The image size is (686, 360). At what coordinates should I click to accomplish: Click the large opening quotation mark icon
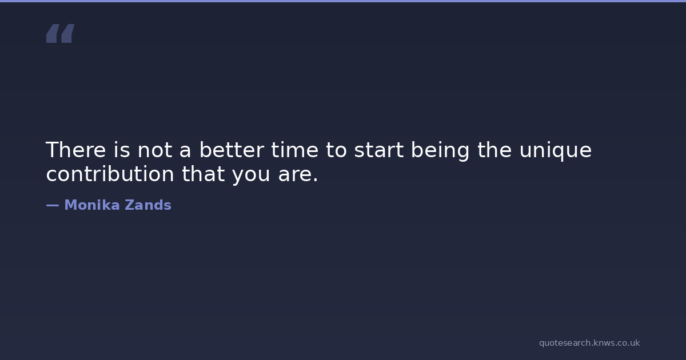pyautogui.click(x=61, y=33)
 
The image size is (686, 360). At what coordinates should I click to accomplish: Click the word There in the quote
pyautogui.click(x=76, y=150)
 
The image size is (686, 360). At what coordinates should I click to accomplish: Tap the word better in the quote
pyautogui.click(x=232, y=150)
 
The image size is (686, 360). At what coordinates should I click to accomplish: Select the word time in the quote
pyautogui.click(x=294, y=150)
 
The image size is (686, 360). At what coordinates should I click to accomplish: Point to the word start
pyautogui.click(x=379, y=150)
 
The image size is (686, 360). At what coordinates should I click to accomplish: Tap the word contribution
pyautogui.click(x=110, y=174)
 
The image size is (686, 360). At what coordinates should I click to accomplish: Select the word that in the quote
pyautogui.click(x=204, y=174)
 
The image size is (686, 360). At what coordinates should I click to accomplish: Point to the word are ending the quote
pyautogui.click(x=298, y=175)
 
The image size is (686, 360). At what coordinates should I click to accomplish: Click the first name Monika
pyautogui.click(x=92, y=205)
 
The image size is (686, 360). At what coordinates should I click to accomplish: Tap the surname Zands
pyautogui.click(x=148, y=205)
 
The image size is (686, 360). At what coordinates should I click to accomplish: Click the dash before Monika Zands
pyautogui.click(x=53, y=205)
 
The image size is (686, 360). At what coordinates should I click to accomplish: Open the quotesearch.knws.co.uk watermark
pyautogui.click(x=589, y=343)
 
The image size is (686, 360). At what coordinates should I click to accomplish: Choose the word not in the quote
pyautogui.click(x=155, y=150)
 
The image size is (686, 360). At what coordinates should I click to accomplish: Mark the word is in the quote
pyautogui.click(x=122, y=150)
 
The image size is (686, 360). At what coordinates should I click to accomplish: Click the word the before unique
pyautogui.click(x=494, y=150)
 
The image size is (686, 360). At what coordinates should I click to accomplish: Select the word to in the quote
pyautogui.click(x=336, y=150)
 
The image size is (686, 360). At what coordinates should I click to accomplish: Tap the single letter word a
pyautogui.click(x=185, y=152)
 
